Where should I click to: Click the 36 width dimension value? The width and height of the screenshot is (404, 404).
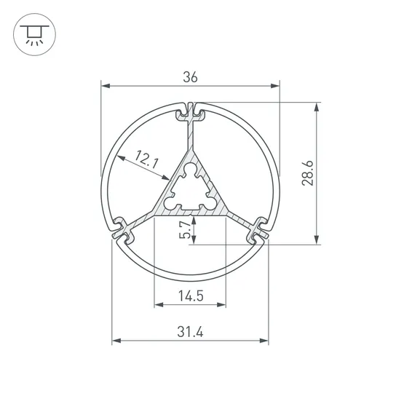click(190, 76)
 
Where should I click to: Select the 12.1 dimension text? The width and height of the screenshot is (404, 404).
click(146, 160)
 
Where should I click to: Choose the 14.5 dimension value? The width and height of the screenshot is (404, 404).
click(189, 296)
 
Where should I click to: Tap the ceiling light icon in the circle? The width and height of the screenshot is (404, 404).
click(33, 33)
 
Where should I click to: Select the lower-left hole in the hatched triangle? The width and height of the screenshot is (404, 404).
click(173, 203)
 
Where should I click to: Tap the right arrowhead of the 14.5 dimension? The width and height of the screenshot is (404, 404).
click(222, 306)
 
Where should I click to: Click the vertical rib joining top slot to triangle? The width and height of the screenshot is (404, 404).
click(191, 135)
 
